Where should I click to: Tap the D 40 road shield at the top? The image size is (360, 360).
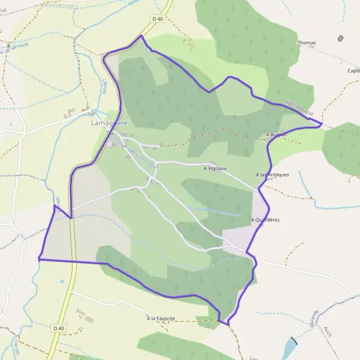pos(158,19)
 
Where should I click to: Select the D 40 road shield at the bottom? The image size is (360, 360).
pos(58,328)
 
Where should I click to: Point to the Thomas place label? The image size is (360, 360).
pos(307,43)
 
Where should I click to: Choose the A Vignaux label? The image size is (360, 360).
pos(215,169)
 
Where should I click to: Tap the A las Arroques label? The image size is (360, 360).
pos(272,175)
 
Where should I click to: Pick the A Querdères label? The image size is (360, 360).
pos(265,220)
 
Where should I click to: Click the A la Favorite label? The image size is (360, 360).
pos(161,317)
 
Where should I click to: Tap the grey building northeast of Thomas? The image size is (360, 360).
pos(341,38)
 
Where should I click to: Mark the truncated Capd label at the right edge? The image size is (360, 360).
pos(353,70)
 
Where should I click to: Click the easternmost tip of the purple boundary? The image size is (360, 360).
pos(322,124)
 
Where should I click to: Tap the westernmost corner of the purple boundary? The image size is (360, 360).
pos(39,259)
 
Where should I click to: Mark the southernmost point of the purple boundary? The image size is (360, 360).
pos(229,325)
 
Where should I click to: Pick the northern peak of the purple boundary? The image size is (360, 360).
pos(141,35)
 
